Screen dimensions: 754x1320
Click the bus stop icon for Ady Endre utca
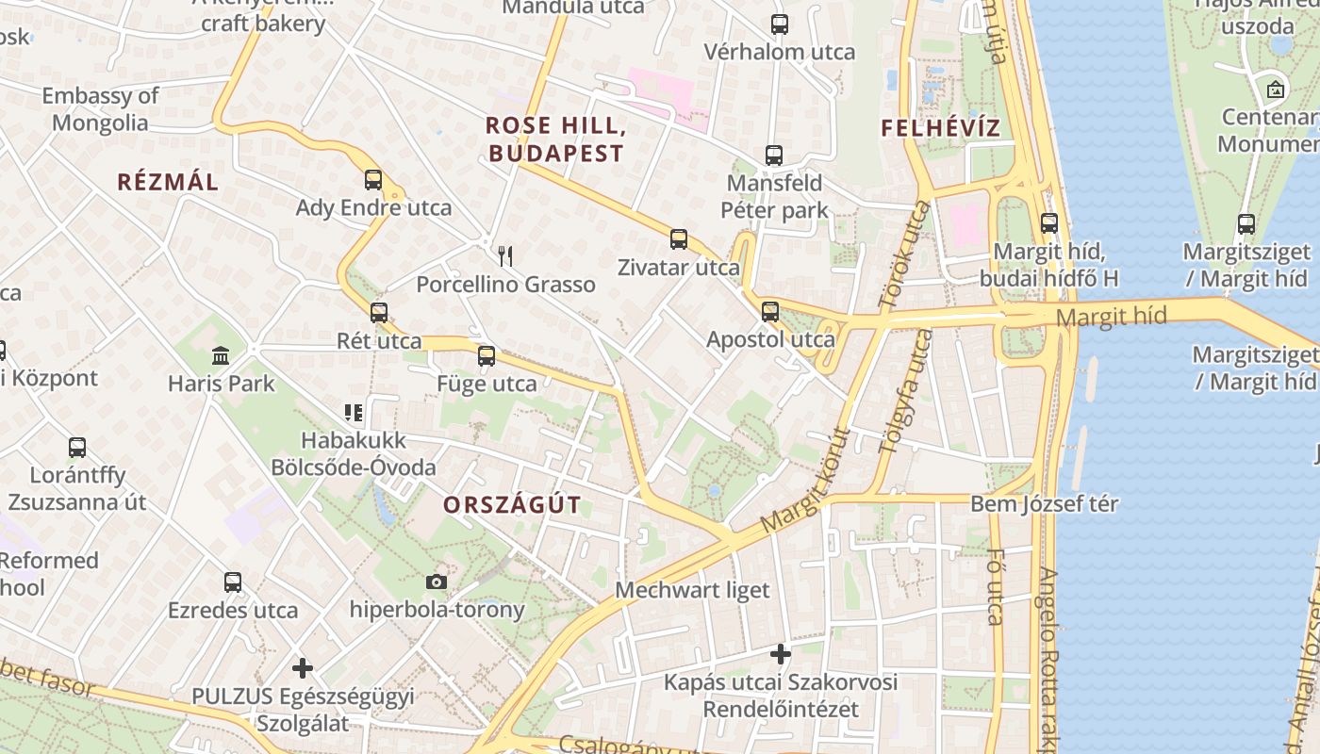[x=373, y=180]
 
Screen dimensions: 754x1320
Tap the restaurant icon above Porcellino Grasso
[x=505, y=255]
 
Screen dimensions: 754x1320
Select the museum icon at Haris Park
[x=221, y=355]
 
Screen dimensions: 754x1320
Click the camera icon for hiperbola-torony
[x=436, y=582]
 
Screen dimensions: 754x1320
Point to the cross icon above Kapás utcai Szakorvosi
[x=780, y=653]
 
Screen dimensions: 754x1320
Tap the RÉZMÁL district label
[x=168, y=182]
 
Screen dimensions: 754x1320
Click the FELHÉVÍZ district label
[x=940, y=128]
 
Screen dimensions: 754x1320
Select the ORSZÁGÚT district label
[x=512, y=504]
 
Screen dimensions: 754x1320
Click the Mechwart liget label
[x=692, y=590]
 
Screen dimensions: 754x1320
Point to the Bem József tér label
[x=1045, y=503]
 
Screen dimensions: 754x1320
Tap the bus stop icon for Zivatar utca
[x=679, y=239]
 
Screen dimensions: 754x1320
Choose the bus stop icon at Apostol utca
[x=770, y=312]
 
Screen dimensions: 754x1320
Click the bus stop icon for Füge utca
[x=487, y=356]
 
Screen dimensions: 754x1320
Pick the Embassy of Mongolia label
[x=100, y=108]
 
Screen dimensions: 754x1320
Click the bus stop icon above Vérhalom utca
[x=780, y=25]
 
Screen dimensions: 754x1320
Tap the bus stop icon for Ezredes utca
[x=233, y=582]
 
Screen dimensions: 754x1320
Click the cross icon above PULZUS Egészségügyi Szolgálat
[x=302, y=668]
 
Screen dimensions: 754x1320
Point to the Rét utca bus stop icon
[x=379, y=313]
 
